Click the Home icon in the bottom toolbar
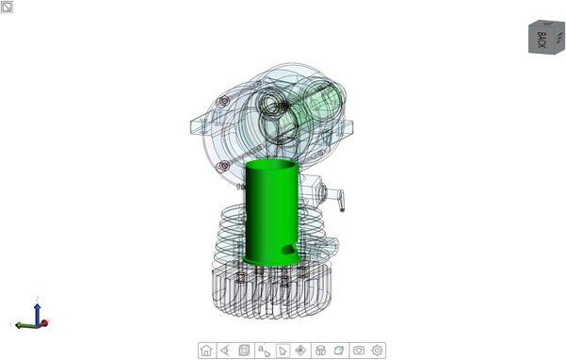click(x=206, y=350)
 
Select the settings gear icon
click(x=378, y=350)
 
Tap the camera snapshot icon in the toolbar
click(x=359, y=350)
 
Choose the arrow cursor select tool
click(x=282, y=350)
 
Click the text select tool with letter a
click(x=264, y=350)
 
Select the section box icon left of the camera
click(x=339, y=350)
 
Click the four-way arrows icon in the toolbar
click(x=301, y=350)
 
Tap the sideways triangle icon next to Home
click(x=225, y=350)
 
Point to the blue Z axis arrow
click(x=37, y=308)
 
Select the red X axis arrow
click(x=43, y=323)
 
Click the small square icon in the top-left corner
click(x=7, y=8)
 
